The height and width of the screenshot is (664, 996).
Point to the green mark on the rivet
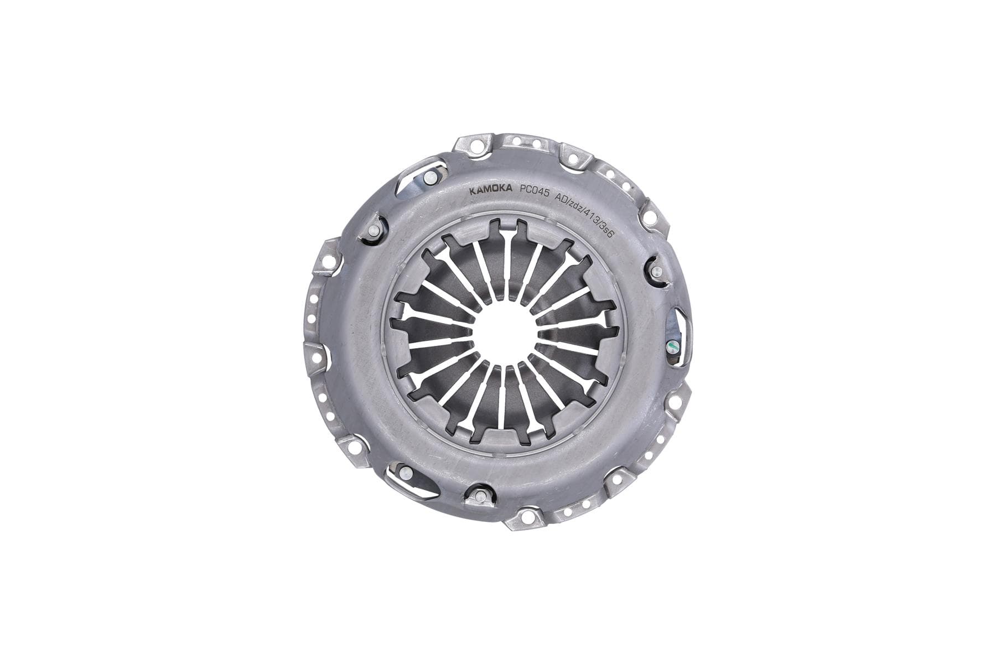[x=671, y=346]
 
